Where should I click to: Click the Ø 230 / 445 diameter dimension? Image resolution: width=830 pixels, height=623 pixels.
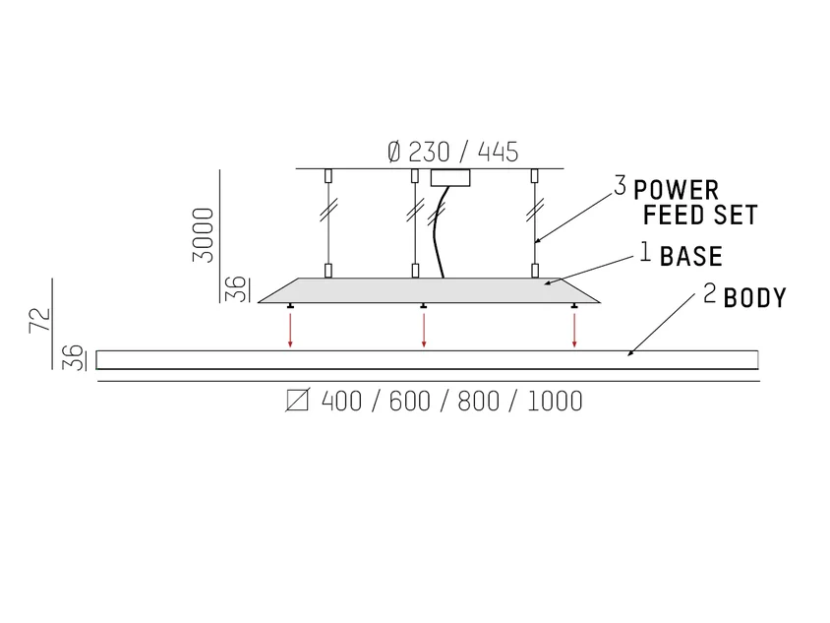tap(452, 152)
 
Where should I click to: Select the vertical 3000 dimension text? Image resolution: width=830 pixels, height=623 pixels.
tap(204, 234)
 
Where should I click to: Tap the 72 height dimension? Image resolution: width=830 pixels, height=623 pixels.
tap(40, 320)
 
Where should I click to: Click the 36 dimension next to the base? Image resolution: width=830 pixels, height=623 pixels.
tap(236, 289)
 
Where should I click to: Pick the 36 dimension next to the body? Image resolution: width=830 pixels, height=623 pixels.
tap(74, 357)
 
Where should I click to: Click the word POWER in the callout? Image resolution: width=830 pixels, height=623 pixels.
tap(676, 191)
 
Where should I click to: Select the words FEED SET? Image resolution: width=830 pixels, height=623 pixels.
tap(700, 215)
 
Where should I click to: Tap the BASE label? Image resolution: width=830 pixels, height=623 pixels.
tap(690, 257)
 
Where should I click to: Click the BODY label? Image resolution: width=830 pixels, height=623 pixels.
tap(755, 298)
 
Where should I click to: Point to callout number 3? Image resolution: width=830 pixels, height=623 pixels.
tap(621, 185)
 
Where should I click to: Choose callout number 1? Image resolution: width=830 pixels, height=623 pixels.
tap(645, 252)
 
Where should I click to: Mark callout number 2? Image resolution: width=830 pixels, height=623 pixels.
tap(710, 293)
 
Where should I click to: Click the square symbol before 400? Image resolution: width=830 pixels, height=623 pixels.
tap(297, 401)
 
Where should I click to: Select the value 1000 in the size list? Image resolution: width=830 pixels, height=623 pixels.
tap(556, 401)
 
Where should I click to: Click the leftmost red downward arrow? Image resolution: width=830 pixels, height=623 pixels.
tap(290, 331)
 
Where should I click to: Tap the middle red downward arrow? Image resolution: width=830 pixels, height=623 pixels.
tap(424, 331)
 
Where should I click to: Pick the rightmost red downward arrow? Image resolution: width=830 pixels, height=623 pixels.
tap(574, 331)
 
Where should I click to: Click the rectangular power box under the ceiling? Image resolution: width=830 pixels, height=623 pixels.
tap(450, 178)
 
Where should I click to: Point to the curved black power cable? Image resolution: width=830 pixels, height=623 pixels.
tap(437, 232)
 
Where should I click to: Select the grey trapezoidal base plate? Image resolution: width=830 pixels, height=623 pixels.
tap(429, 290)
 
